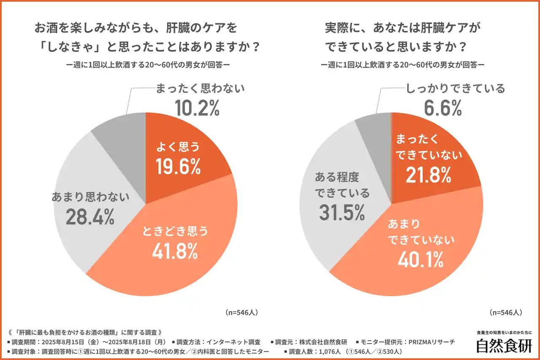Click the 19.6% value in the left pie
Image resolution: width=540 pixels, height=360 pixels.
[178, 166]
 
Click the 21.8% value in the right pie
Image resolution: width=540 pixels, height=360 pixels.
[428, 175]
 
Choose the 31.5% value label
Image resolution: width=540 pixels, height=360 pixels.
[342, 212]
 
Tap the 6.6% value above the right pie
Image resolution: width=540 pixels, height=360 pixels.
[443, 108]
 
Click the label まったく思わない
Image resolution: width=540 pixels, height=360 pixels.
[200, 89]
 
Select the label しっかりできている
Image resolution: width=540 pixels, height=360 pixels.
[455, 89]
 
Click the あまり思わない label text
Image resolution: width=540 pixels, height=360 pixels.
[90, 197]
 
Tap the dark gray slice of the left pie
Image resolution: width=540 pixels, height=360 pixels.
[122, 131]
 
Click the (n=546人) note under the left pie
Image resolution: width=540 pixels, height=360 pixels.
[242, 313]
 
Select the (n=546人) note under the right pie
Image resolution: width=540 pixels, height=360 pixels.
[506, 313]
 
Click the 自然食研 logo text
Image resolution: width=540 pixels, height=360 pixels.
[504, 346]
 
